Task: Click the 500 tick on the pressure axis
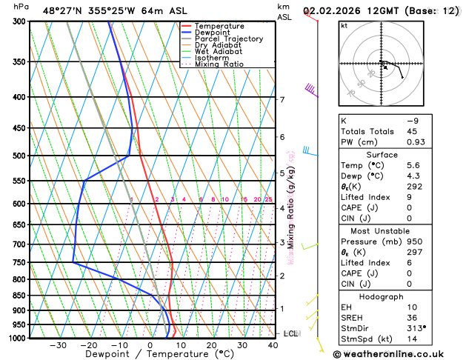click(16, 156)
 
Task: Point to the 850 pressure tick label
click(16, 296)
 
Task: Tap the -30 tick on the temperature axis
click(58, 345)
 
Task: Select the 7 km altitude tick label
click(282, 99)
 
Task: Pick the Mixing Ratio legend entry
click(219, 64)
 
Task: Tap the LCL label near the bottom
click(290, 334)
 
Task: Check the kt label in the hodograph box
click(344, 26)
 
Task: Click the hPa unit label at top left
click(21, 7)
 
